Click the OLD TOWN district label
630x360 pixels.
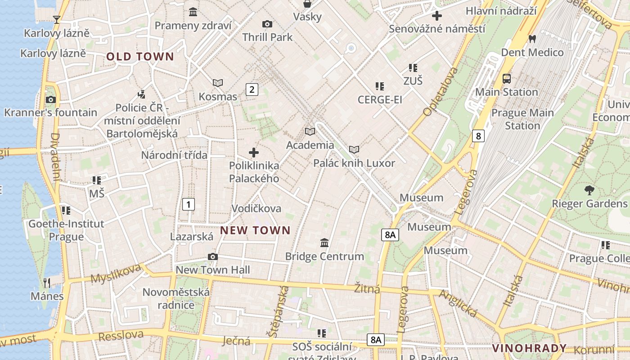140,57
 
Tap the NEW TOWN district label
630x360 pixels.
255,230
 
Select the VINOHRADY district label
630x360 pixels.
529,348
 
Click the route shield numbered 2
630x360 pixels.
252,89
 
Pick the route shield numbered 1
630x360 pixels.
189,204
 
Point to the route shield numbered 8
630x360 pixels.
478,135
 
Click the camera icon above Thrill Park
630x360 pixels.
267,24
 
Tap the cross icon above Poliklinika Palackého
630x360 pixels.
254,153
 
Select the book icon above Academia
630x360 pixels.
310,131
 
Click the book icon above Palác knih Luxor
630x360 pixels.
354,149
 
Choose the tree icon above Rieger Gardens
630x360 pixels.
589,190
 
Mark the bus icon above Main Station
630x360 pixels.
507,78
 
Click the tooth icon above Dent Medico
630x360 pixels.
532,39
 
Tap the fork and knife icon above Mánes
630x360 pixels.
47,283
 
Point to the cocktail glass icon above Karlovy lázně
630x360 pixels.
57,19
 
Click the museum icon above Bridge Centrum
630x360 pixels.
324,243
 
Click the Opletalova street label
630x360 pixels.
441,91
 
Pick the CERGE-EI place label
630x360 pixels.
380,99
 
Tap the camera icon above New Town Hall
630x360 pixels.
213,256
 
